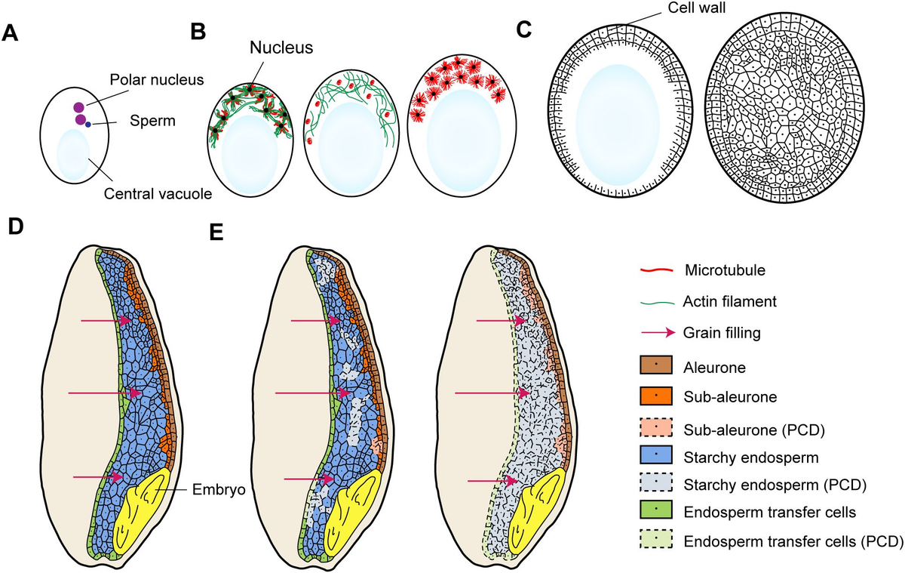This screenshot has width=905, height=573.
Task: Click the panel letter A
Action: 11,34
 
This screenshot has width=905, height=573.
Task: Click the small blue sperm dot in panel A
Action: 87,125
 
